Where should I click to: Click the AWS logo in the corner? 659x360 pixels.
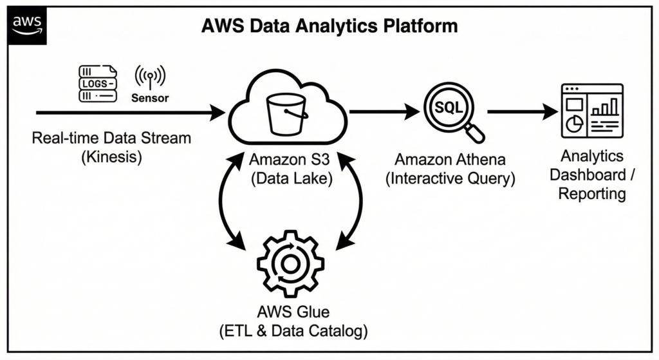26,24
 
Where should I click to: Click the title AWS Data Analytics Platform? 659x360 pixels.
329,26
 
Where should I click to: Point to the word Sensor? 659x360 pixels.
150,99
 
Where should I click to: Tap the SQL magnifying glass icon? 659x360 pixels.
452,113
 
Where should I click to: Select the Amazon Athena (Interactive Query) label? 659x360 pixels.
450,169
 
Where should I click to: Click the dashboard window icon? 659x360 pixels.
591,111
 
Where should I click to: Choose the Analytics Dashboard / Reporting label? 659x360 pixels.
591,175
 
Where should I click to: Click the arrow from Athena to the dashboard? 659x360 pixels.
522,112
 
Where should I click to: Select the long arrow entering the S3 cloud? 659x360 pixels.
129,113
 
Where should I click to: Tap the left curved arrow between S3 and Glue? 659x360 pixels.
225,203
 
